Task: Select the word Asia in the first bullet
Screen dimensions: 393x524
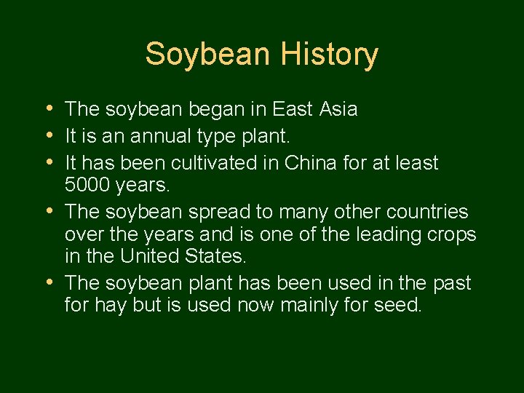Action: [338, 110]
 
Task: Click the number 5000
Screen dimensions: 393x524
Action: [88, 186]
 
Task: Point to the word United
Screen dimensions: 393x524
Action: [154, 256]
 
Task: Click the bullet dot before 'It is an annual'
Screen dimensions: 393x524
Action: [48, 135]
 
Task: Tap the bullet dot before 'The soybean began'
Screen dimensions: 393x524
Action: [48, 109]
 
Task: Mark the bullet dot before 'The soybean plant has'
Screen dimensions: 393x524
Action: [48, 282]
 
